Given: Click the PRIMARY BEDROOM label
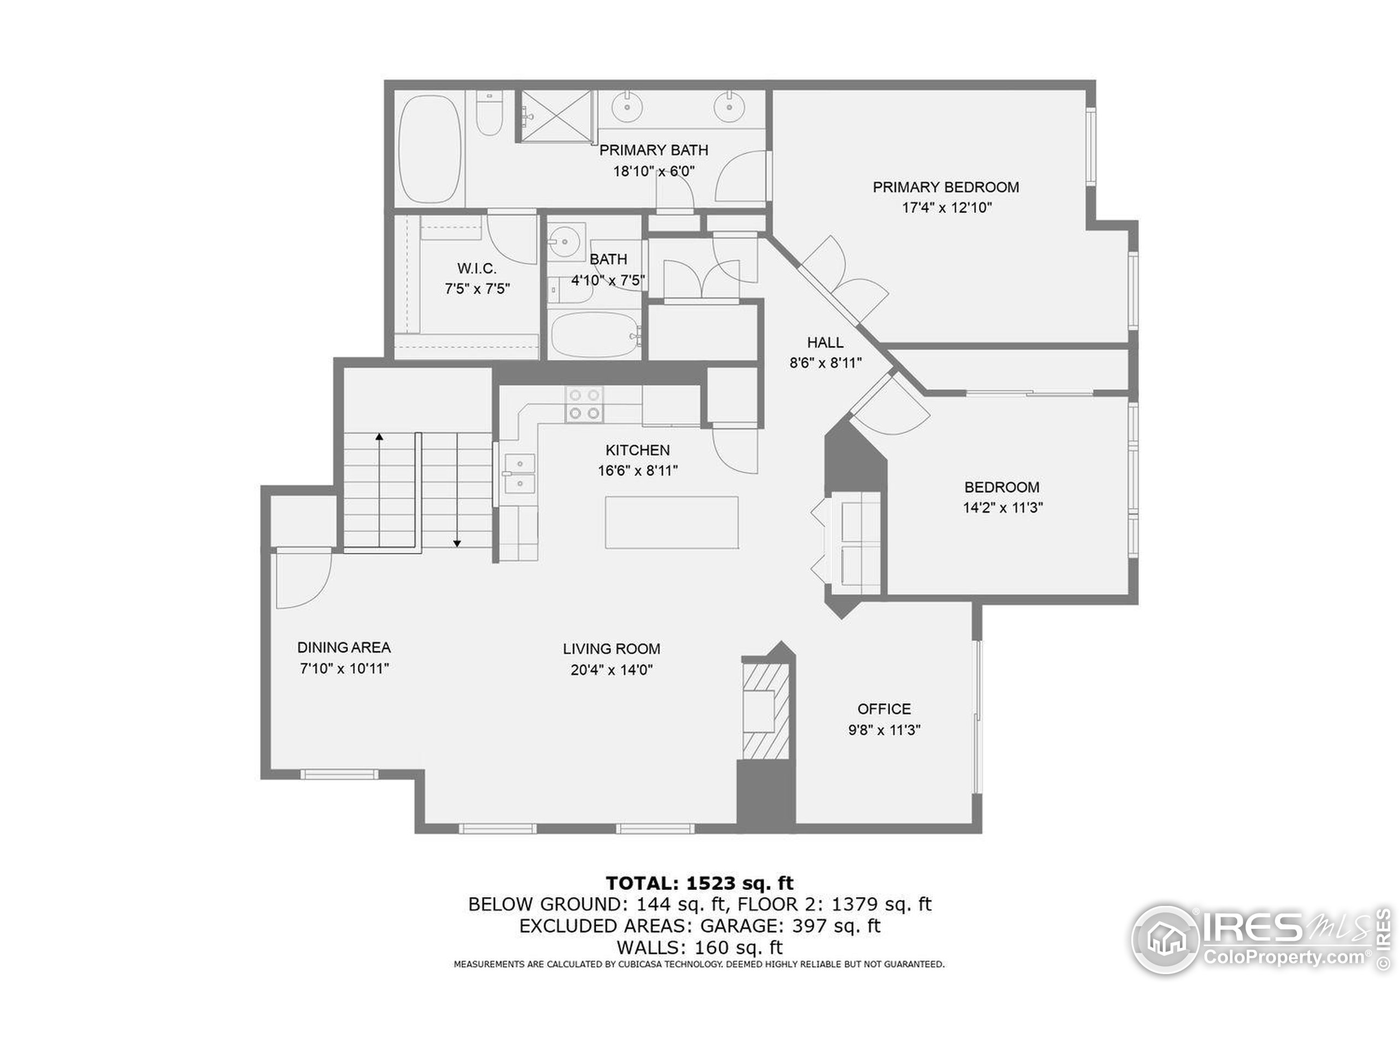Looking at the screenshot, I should pyautogui.click(x=945, y=187).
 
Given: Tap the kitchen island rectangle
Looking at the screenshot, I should pyautogui.click(x=672, y=522).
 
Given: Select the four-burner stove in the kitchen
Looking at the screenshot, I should pyautogui.click(x=584, y=404).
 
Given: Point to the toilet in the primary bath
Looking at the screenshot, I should pyautogui.click(x=489, y=114).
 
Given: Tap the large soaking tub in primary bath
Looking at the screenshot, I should pyautogui.click(x=430, y=149).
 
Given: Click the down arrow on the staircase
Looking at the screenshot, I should pyautogui.click(x=457, y=542).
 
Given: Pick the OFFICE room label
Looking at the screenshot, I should pyautogui.click(x=884, y=709).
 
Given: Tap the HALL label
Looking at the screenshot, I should pyautogui.click(x=825, y=342).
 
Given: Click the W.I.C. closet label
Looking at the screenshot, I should pyautogui.click(x=477, y=268).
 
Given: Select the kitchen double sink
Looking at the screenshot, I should pyautogui.click(x=519, y=474).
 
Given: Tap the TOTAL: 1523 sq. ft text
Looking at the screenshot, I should pyautogui.click(x=699, y=883).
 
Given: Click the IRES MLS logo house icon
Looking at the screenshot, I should pyautogui.click(x=1165, y=939).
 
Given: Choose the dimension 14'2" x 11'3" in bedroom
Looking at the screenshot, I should pyautogui.click(x=1002, y=507).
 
